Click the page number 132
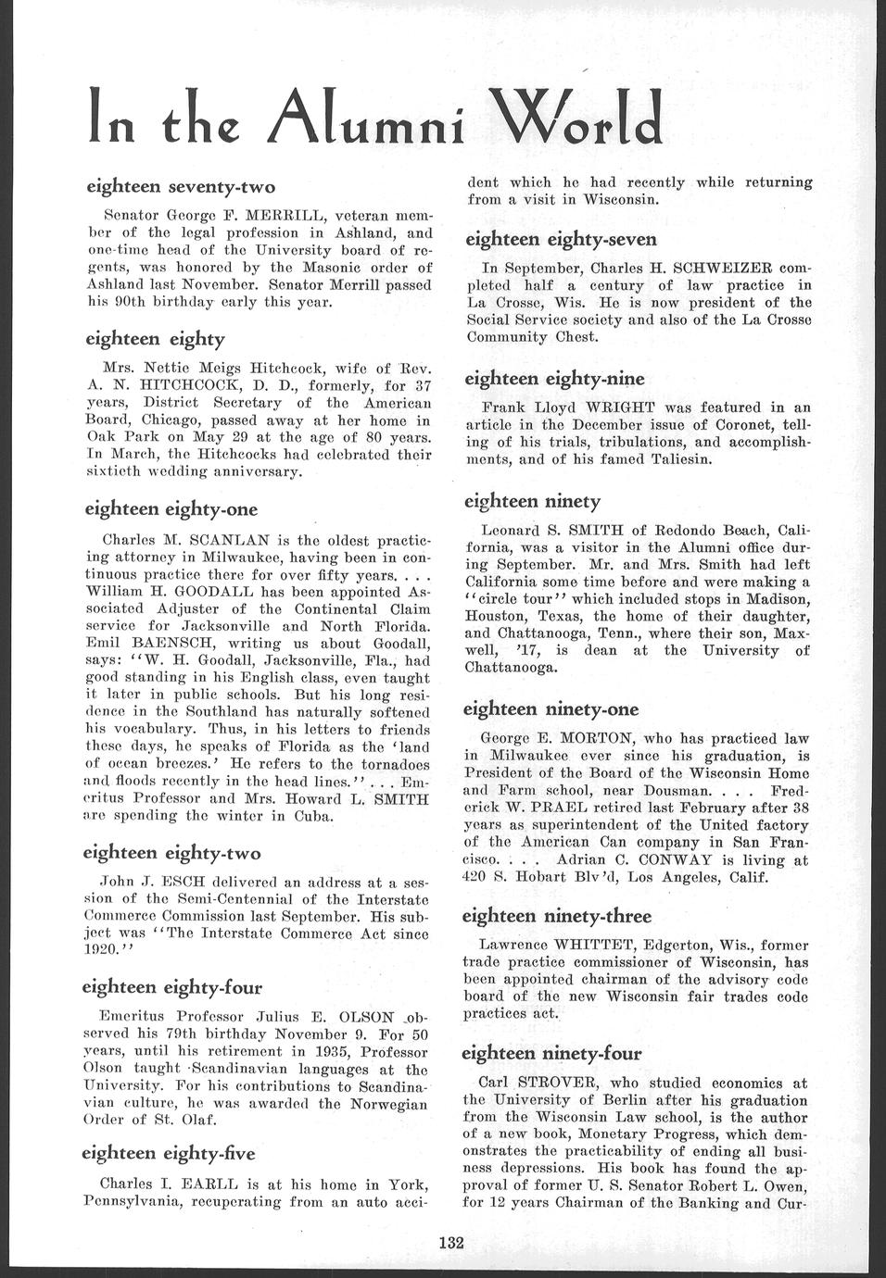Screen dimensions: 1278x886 click(x=450, y=1244)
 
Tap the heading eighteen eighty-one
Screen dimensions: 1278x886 click(x=171, y=509)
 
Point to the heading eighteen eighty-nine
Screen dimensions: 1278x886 click(x=554, y=379)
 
